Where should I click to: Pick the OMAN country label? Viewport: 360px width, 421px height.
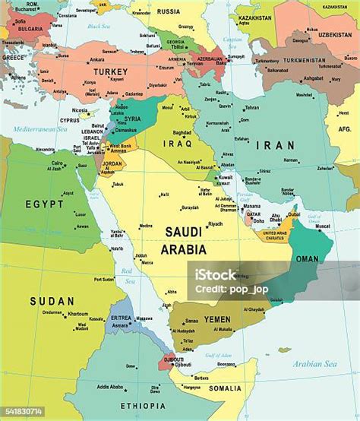[x=307, y=258]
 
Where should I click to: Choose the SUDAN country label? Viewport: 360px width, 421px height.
[x=52, y=301]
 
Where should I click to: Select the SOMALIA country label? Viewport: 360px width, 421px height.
[x=225, y=388]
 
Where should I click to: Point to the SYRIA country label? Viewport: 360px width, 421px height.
[x=133, y=119]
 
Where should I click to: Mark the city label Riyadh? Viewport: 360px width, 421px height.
[x=216, y=224]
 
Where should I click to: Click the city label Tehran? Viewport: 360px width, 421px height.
[x=251, y=108]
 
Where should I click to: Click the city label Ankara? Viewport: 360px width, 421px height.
[x=96, y=60]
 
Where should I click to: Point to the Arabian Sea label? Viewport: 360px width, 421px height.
[x=319, y=364]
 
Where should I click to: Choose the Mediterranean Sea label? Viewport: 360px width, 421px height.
[x=36, y=130]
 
